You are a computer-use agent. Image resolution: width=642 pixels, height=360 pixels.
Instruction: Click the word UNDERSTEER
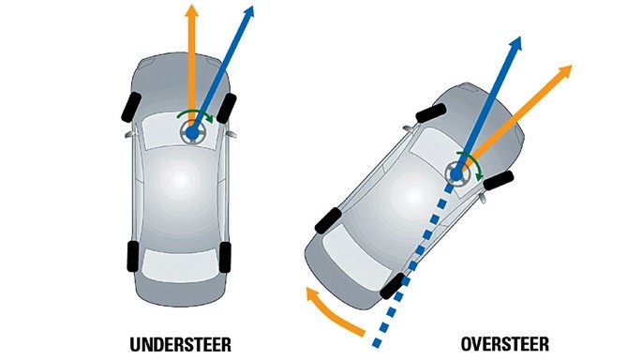[181, 344]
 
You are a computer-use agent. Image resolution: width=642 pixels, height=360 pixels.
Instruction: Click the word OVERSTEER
[505, 344]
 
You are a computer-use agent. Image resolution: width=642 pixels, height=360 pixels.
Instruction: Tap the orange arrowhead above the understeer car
[191, 10]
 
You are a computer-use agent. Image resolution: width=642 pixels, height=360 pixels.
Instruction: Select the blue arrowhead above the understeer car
[249, 11]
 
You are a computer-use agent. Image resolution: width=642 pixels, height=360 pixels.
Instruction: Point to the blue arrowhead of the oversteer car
[516, 42]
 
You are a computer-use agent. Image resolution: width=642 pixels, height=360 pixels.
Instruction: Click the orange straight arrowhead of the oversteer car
[565, 70]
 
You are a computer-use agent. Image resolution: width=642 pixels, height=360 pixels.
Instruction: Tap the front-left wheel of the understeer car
[131, 107]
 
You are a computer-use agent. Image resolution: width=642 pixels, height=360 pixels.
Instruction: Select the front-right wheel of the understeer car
[227, 108]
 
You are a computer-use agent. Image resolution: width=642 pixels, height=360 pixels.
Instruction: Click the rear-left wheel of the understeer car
[133, 256]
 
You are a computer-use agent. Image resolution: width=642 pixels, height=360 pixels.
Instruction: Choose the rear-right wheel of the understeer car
[225, 257]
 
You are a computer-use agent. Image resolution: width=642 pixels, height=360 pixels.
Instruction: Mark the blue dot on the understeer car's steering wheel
[191, 133]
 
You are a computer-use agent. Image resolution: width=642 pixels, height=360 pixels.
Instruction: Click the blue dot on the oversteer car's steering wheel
[456, 175]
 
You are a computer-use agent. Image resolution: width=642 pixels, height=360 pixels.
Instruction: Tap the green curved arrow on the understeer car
[196, 113]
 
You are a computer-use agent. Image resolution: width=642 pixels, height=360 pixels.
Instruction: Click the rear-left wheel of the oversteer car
[328, 220]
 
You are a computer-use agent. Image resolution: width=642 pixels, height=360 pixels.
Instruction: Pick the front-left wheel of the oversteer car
[431, 112]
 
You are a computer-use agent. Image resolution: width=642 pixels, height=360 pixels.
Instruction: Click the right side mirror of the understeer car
[231, 134]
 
